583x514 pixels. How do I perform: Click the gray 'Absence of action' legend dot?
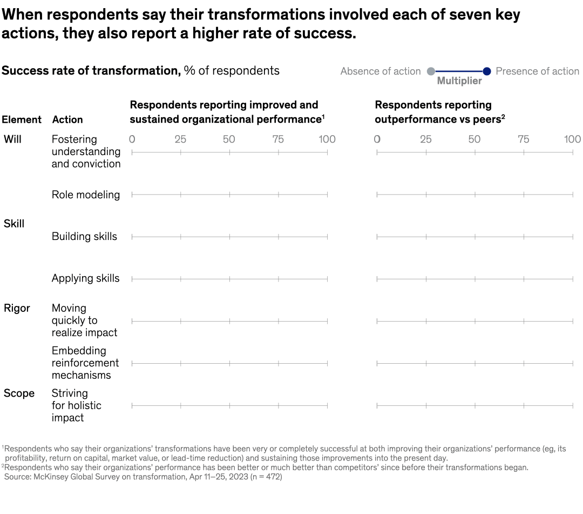pos(431,71)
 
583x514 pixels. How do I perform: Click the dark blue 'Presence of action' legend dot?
pos(486,71)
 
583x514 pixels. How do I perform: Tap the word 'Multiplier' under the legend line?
pos(459,81)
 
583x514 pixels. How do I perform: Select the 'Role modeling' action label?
pos(86,195)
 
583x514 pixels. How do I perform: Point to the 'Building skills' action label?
pos(84,236)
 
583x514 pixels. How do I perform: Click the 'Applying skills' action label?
pos(85,278)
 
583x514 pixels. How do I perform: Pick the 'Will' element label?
pos(12,139)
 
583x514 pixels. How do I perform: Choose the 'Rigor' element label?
pos(17,308)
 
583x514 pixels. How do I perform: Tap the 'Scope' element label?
pos(19,393)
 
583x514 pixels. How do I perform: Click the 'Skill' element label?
pos(14,224)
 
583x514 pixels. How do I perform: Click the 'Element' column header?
pos(22,119)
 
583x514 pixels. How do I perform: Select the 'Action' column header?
pos(67,119)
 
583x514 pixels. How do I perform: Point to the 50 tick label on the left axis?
pos(229,139)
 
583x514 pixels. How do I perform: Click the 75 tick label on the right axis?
pos(523,139)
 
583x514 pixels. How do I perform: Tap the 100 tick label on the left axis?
pos(327,139)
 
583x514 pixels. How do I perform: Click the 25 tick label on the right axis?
pos(425,139)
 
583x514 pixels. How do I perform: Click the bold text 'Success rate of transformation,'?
pos(91,71)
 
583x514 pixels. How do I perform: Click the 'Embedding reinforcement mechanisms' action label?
pos(85,363)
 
